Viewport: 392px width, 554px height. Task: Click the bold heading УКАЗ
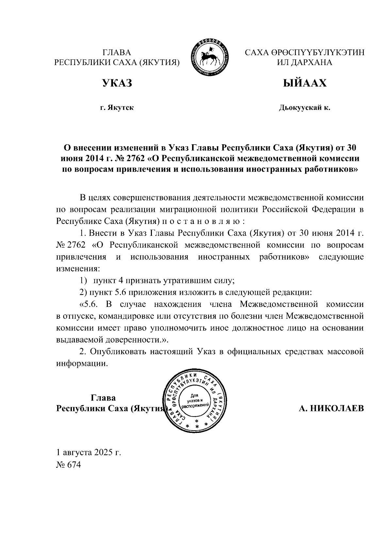(117, 83)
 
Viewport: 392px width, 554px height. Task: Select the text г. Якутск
(117, 107)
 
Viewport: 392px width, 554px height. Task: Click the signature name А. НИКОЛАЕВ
(331, 408)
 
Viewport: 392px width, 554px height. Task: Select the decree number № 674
(68, 465)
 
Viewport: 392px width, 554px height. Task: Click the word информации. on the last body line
(82, 363)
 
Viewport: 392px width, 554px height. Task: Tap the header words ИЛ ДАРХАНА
(304, 62)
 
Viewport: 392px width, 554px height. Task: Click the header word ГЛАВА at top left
(117, 53)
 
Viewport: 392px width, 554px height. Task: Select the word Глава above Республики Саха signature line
(103, 398)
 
